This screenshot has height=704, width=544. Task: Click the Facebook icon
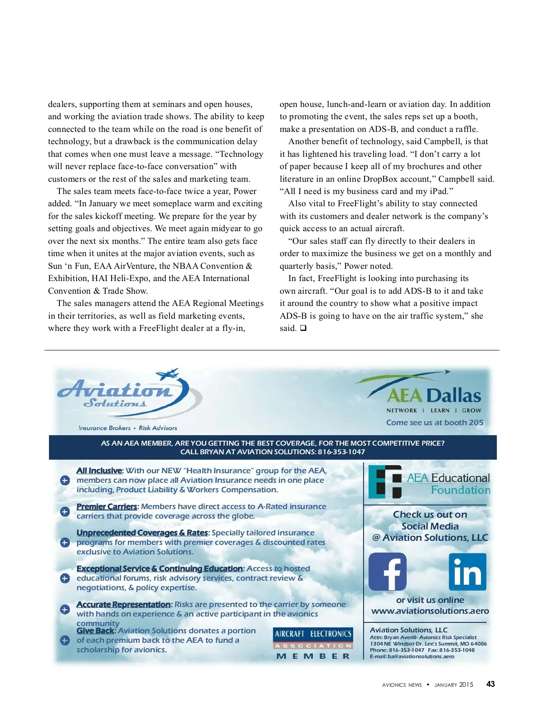(x=387, y=572)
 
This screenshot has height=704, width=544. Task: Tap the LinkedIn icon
(x=467, y=572)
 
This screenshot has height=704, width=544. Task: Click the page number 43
(x=491, y=684)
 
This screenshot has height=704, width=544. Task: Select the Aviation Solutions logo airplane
(x=167, y=374)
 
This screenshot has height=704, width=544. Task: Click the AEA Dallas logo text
(x=434, y=396)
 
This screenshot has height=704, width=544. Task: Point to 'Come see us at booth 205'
(x=435, y=422)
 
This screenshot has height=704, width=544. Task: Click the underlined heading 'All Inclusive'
(x=99, y=471)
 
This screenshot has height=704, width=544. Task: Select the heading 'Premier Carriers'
(x=107, y=506)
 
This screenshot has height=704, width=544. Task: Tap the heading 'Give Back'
(x=96, y=631)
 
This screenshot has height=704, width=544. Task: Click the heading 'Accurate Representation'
(x=123, y=604)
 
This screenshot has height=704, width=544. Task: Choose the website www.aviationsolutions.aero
(x=430, y=611)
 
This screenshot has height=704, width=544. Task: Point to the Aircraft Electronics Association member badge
(x=313, y=644)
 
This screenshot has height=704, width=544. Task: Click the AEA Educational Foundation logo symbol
(x=385, y=482)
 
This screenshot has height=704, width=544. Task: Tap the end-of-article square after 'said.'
(x=303, y=328)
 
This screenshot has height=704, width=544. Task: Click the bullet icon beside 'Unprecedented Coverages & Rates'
(x=65, y=542)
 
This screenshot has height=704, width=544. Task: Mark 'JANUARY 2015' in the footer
(x=453, y=685)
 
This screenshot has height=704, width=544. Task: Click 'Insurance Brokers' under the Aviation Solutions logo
(x=104, y=428)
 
